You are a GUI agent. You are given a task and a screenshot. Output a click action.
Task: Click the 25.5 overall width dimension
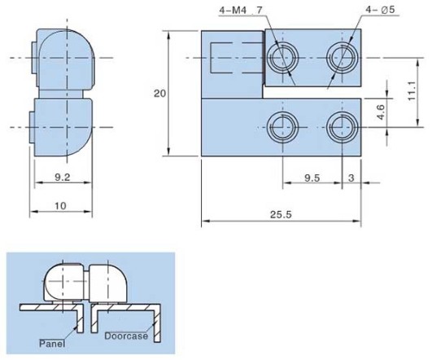[x=281, y=215]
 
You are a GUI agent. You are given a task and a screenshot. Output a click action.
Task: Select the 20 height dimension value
[x=159, y=94]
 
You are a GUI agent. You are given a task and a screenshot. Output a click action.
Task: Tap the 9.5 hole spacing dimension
[x=312, y=178]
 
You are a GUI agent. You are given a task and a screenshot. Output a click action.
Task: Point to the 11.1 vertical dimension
[x=412, y=91]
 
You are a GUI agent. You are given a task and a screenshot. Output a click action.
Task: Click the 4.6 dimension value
[x=382, y=112]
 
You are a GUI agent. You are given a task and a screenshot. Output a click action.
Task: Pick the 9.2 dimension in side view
[x=63, y=177]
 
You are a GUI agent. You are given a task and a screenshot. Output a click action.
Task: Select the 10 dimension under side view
[x=61, y=206]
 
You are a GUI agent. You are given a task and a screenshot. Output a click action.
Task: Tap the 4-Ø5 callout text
[x=380, y=10]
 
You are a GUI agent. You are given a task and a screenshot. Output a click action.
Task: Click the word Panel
[x=52, y=344]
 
